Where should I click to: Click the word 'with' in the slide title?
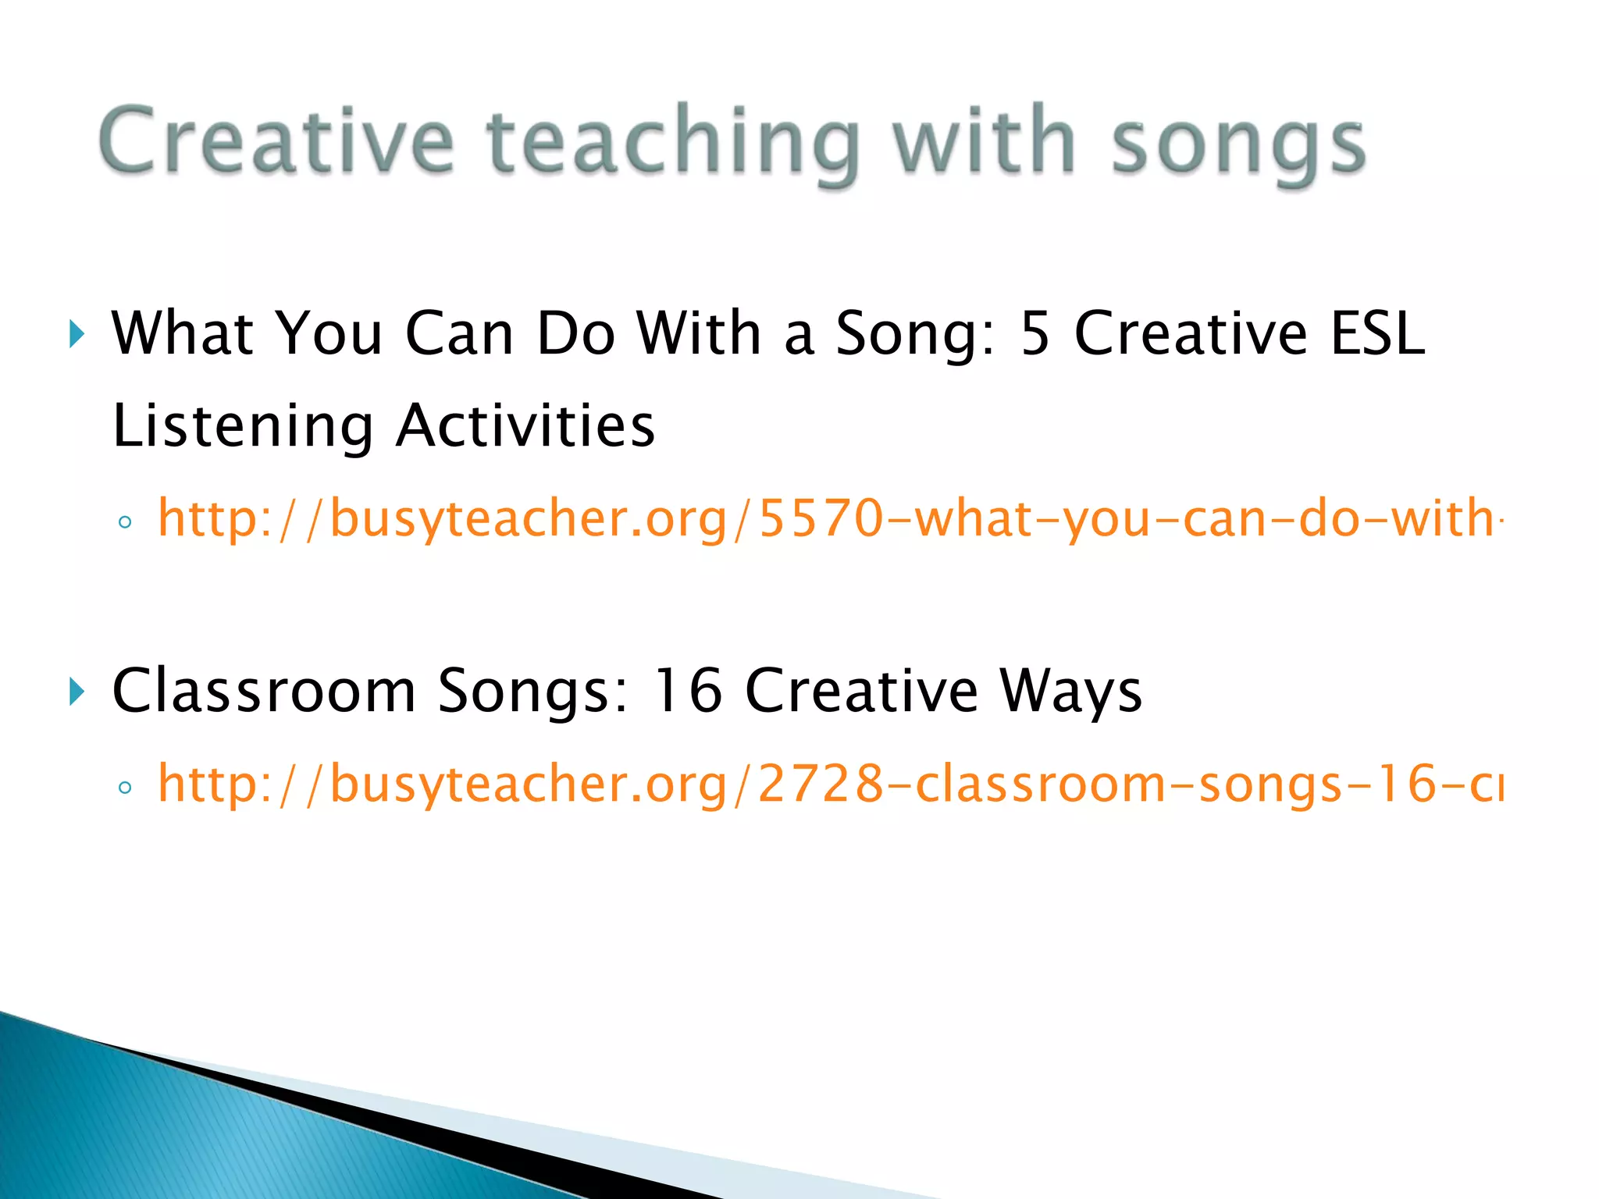pos(985,141)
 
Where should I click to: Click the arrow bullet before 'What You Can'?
pos(76,334)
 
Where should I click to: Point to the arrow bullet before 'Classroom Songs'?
pos(76,692)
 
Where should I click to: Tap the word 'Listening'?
pos(243,426)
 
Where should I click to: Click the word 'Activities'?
pos(525,426)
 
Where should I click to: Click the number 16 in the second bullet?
pos(687,691)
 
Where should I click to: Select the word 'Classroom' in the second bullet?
pos(264,691)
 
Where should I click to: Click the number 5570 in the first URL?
pos(821,518)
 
